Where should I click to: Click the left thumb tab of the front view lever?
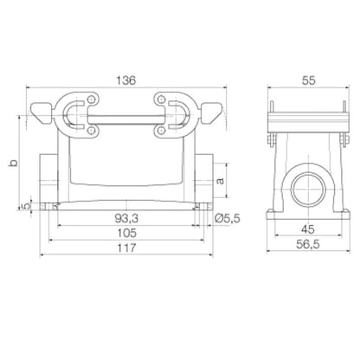[41, 111]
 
